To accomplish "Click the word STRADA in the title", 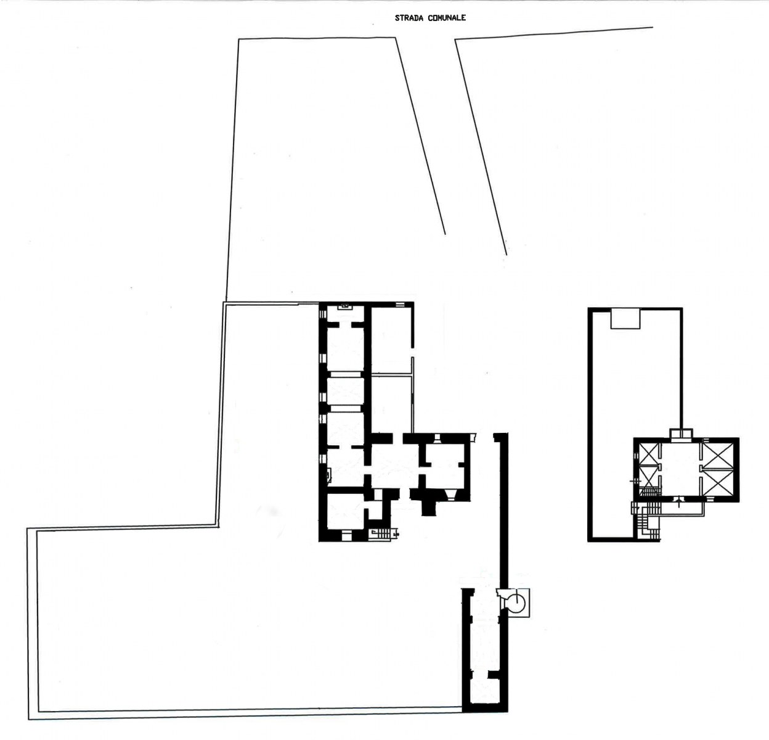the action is (404, 18).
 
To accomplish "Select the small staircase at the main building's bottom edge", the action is (383, 533).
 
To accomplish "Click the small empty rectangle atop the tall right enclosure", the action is (625, 319).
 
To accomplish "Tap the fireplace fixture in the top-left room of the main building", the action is (346, 305).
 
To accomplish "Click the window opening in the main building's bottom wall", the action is (346, 535).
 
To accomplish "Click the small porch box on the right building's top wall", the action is (682, 434).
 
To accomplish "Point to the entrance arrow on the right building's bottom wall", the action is (678, 502).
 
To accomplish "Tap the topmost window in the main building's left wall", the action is (323, 314).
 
